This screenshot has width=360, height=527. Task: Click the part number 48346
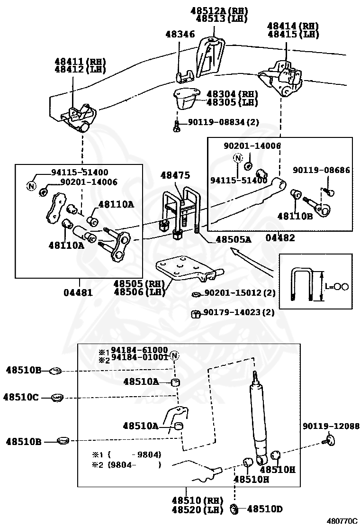click(x=180, y=34)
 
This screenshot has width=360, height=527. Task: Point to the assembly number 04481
click(x=78, y=292)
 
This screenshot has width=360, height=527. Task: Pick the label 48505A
click(x=234, y=240)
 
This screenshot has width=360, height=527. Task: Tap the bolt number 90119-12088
click(x=331, y=427)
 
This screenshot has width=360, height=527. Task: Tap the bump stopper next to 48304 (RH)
click(x=185, y=99)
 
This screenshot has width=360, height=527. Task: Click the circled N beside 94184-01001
click(x=174, y=355)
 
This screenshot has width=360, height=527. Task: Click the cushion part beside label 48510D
click(x=233, y=509)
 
